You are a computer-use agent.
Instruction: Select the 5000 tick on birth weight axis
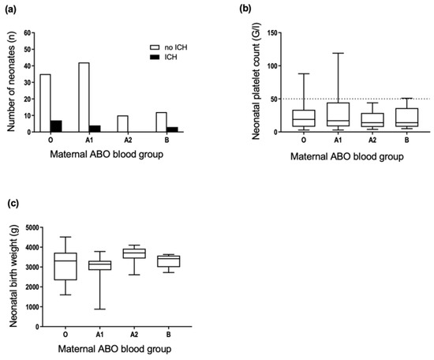click(x=36, y=228)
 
